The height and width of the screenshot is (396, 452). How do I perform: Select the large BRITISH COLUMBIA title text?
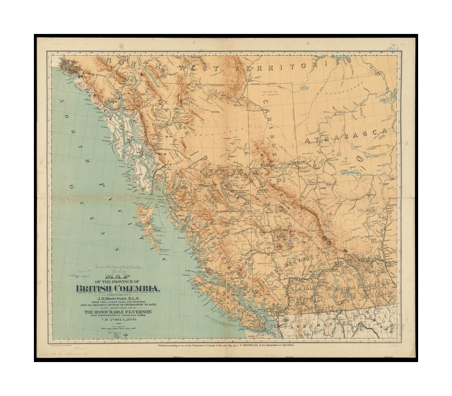pos(118,289)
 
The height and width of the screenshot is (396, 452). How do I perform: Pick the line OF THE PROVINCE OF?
pos(118,283)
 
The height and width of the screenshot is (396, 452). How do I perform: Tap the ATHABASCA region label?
pos(346,136)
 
